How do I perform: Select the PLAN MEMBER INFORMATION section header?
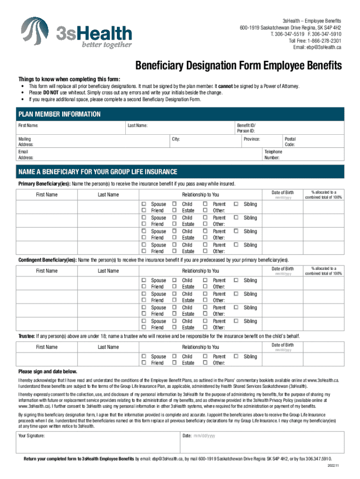coord(59,114)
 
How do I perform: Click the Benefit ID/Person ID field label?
coord(246,128)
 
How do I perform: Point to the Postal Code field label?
coord(290,142)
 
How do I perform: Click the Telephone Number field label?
coord(274,155)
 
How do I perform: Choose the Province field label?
coord(252,139)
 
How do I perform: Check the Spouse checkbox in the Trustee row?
coord(144,356)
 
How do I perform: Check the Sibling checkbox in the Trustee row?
coord(236,356)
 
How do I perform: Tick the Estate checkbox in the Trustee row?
coord(174,363)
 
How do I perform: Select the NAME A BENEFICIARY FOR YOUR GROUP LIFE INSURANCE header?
coord(97,171)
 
